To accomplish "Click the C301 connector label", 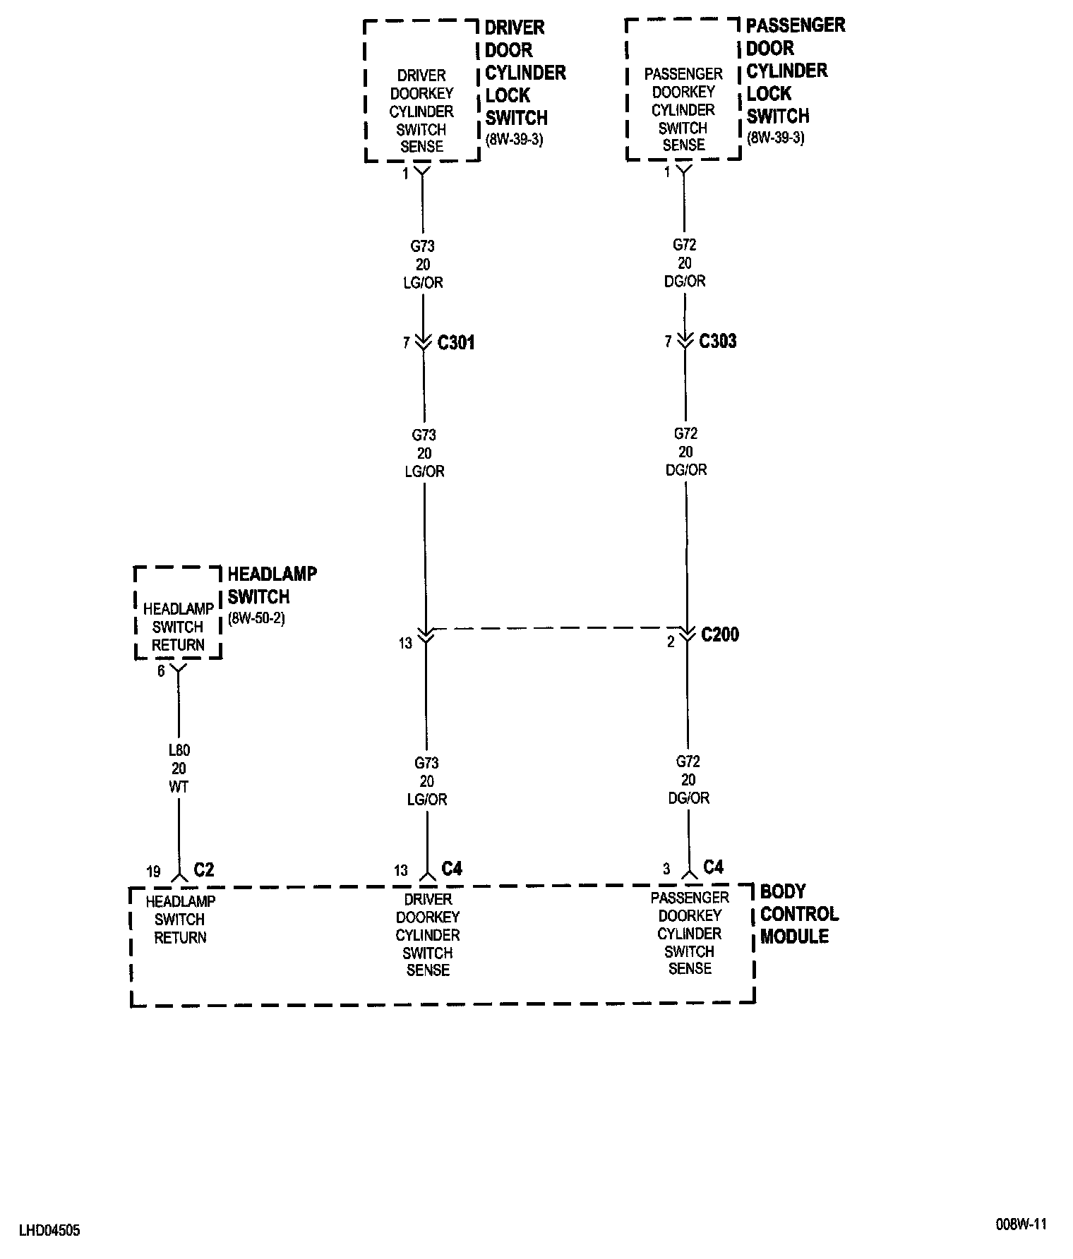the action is click(x=456, y=343).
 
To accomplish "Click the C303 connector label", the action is click(x=718, y=342).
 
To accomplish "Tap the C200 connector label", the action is click(x=720, y=634).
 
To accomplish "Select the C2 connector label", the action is click(x=203, y=869).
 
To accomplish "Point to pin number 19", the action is click(x=153, y=872).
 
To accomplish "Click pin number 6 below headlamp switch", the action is click(x=161, y=671).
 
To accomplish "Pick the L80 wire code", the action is click(x=179, y=751).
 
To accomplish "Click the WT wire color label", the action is click(x=179, y=786).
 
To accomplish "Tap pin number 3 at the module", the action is click(x=666, y=869).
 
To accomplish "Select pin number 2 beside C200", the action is click(x=671, y=641).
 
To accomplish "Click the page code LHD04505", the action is click(x=49, y=1231).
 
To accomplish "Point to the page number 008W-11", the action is click(x=1021, y=1224).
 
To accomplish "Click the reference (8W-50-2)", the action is click(x=256, y=620).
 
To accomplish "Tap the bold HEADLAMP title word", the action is click(x=272, y=574).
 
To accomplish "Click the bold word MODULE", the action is click(x=794, y=936).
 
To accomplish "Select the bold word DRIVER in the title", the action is click(x=515, y=28).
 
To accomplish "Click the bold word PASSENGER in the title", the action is click(x=796, y=25).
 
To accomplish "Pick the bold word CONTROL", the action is click(x=800, y=914).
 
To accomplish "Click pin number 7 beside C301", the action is click(x=407, y=343).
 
